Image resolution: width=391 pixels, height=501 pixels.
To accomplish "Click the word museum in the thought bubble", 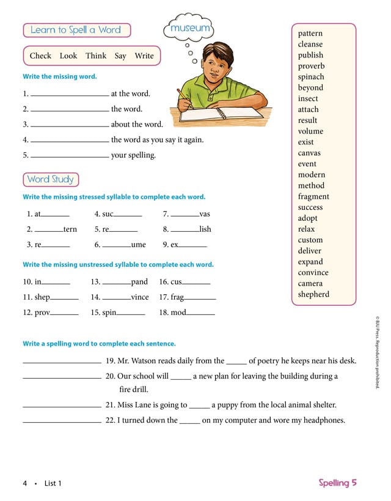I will [190, 28].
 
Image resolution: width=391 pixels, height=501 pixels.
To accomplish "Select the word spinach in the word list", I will [311, 77].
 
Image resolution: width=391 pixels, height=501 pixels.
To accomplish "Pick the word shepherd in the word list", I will [313, 294].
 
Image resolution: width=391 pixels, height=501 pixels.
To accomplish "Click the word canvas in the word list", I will [309, 153].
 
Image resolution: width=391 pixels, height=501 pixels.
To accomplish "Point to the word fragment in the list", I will [313, 196].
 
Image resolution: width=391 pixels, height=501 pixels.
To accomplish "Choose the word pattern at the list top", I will [310, 34].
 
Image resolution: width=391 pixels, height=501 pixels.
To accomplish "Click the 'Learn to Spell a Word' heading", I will [76, 30].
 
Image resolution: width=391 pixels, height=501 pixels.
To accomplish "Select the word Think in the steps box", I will [96, 56].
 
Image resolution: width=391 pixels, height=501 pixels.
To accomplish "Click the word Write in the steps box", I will [144, 56].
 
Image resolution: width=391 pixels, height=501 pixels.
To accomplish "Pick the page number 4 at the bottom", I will [25, 483].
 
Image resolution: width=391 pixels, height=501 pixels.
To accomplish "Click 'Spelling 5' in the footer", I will [337, 483].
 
